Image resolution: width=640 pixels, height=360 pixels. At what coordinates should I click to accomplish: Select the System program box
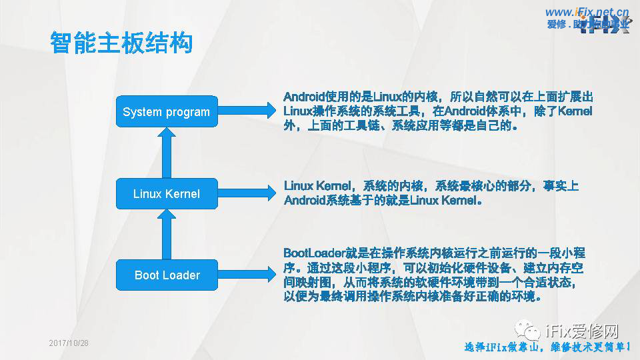[166, 112]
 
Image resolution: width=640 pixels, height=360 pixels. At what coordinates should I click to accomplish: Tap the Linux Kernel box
[166, 194]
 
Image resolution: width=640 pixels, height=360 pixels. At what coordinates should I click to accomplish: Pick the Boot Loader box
[167, 275]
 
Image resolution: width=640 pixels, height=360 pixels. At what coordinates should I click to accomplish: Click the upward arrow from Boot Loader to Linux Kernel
[167, 233]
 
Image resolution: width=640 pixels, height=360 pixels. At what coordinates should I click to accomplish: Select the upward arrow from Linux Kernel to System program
[167, 152]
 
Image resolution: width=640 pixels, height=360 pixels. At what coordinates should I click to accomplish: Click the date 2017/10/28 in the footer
[69, 343]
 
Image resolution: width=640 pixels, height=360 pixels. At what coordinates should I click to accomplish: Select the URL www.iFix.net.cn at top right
[587, 12]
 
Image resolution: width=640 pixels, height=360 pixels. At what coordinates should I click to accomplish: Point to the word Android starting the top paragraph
[305, 96]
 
